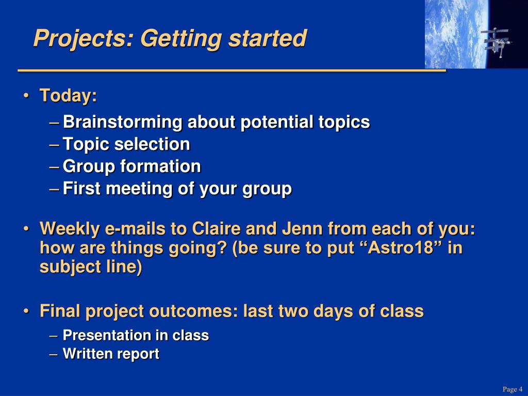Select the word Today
click(68, 96)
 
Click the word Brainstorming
click(123, 122)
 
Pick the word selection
click(152, 144)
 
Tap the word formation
click(160, 167)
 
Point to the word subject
click(70, 267)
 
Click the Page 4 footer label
click(512, 389)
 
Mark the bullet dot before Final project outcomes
click(26, 311)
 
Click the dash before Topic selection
click(54, 145)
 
